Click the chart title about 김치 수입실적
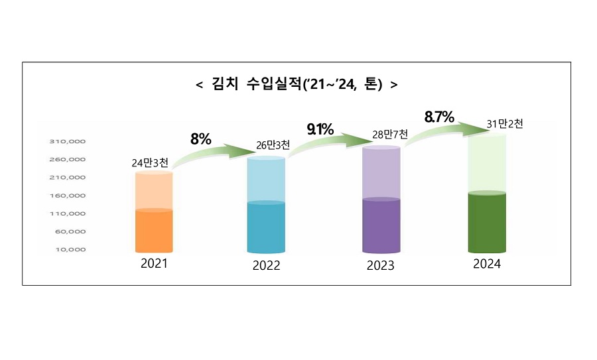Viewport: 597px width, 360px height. [x=297, y=85]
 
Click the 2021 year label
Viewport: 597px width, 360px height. [x=154, y=263]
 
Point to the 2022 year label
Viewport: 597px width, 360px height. [x=266, y=266]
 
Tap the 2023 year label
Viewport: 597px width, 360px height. [x=380, y=266]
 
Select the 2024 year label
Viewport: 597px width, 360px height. [x=486, y=263]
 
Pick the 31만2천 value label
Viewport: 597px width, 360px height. [x=505, y=124]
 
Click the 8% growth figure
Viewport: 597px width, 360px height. [x=200, y=139]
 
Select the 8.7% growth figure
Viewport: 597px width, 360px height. [x=439, y=117]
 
